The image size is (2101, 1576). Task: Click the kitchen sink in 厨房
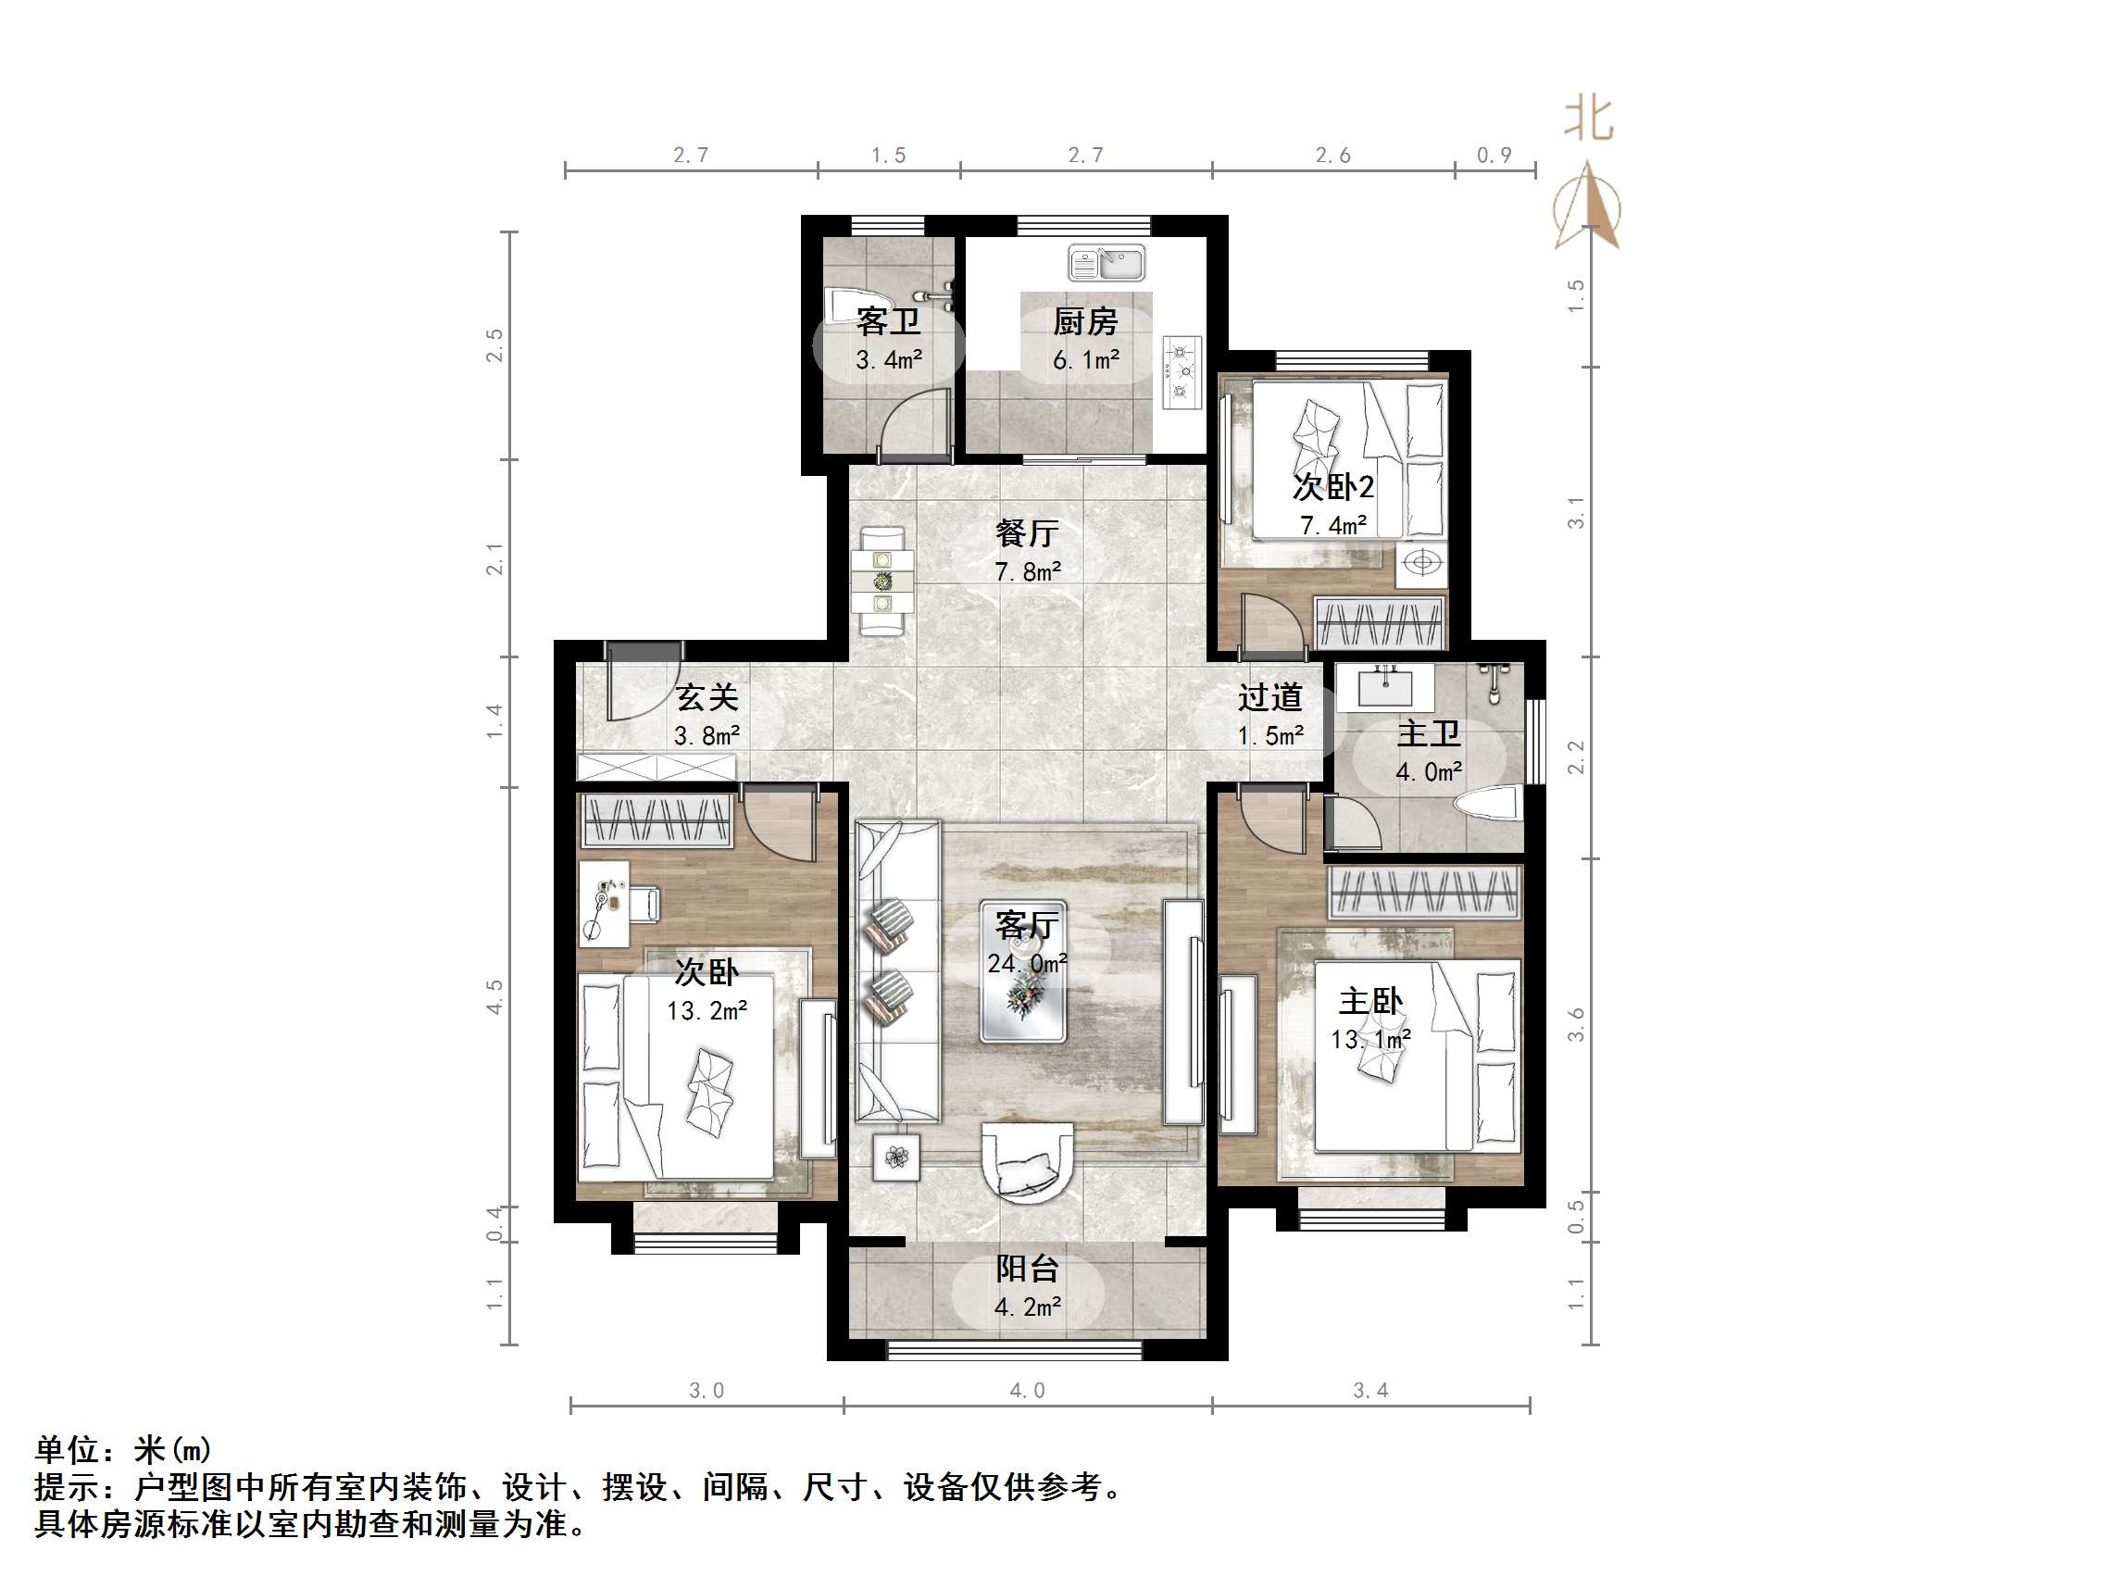tap(1107, 263)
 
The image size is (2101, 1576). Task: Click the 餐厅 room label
tap(1027, 534)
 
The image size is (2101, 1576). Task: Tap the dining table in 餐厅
tap(882, 581)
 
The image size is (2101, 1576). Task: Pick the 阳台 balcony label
tap(1027, 1270)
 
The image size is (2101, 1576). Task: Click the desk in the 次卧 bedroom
tap(603, 903)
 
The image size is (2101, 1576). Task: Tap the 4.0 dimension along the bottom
tap(1027, 1391)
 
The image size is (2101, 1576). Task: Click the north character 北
tap(1588, 119)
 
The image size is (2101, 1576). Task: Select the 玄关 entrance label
tap(707, 698)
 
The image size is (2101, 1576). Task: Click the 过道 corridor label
tap(1269, 698)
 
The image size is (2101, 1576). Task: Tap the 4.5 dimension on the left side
tap(494, 997)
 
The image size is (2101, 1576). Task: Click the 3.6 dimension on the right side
tap(1576, 1024)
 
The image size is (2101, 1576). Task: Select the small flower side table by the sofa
tap(896, 1157)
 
